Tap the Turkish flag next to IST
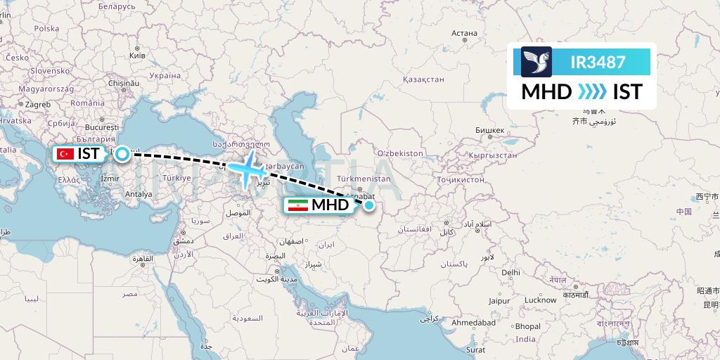[67, 153]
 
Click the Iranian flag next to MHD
[297, 205]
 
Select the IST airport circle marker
[122, 153]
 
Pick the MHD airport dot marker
[369, 205]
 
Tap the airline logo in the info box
[536, 62]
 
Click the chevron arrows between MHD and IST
[592, 91]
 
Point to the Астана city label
[464, 32]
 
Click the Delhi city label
[510, 272]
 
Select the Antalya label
[139, 194]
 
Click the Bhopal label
[527, 326]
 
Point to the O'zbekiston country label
[400, 153]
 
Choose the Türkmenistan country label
[364, 179]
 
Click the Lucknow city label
[540, 300]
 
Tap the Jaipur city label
[499, 300]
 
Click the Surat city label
[476, 349]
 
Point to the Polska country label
[46, 29]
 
